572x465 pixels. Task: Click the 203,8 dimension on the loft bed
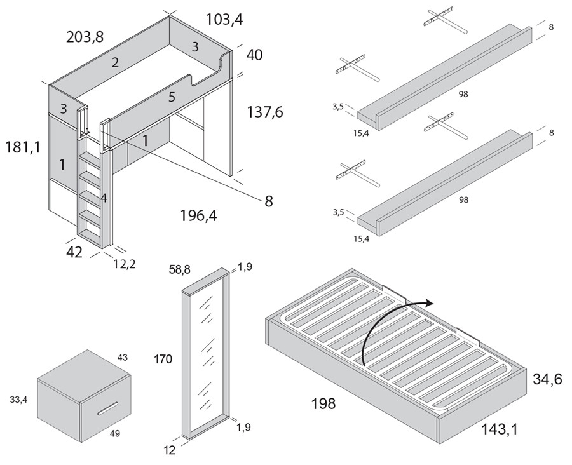[x=85, y=37]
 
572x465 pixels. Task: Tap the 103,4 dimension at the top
[x=224, y=20]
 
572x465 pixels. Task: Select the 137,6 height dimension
[x=264, y=112]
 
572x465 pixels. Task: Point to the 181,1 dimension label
[x=22, y=147]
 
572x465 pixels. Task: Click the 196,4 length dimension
[x=198, y=216]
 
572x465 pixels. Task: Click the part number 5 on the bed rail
[x=172, y=98]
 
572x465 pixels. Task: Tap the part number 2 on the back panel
[x=115, y=62]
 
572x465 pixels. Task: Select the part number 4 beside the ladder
[x=103, y=198]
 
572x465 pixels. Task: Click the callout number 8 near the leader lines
[x=268, y=201]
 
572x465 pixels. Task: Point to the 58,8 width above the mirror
[x=179, y=270]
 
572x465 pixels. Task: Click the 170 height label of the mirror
[x=163, y=360]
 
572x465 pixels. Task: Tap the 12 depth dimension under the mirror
[x=169, y=450]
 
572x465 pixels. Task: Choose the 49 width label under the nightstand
[x=114, y=433]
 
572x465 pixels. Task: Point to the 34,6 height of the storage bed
[x=547, y=380]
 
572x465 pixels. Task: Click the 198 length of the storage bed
[x=323, y=403]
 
